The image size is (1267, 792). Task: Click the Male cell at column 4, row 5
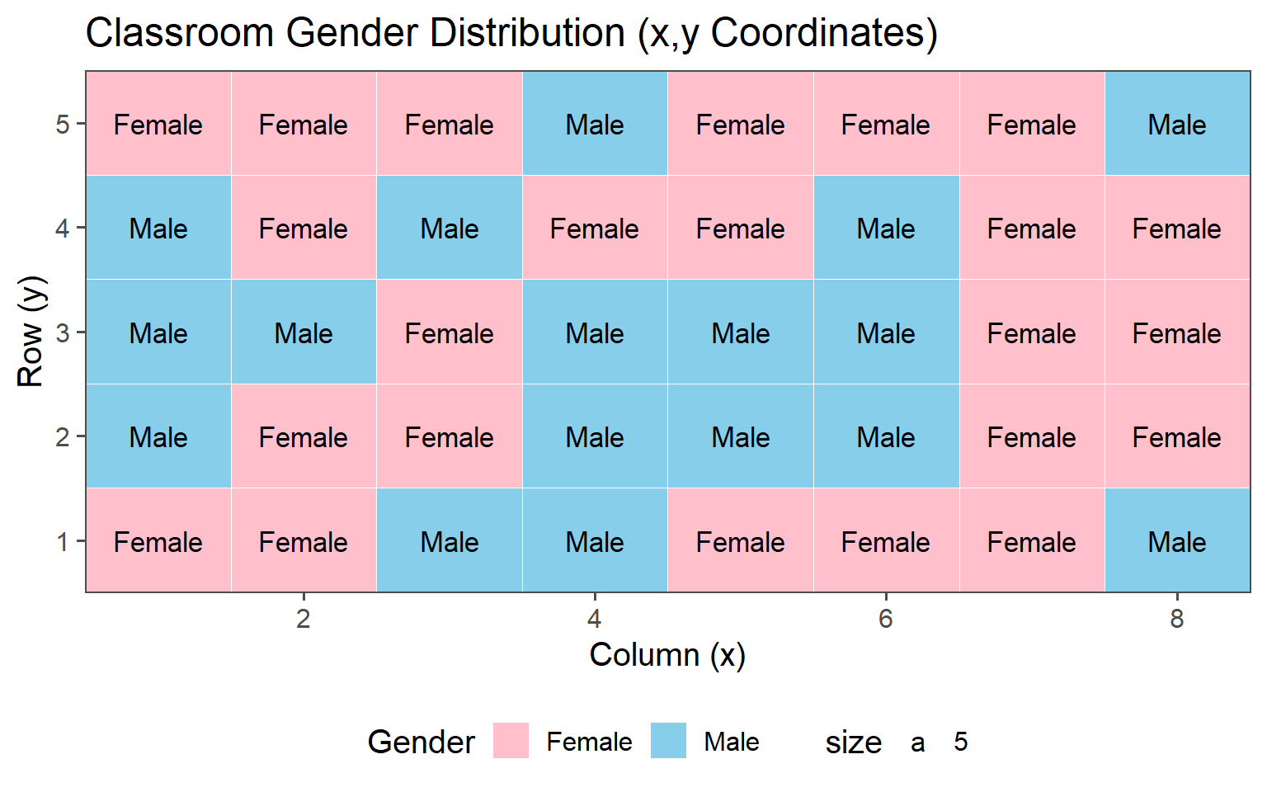[595, 125]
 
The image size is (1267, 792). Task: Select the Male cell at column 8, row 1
[1177, 542]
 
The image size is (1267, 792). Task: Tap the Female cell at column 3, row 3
[450, 333]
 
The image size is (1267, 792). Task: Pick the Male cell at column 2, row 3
[304, 333]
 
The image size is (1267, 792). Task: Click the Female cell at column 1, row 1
[158, 542]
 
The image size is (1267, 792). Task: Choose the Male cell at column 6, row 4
[886, 229]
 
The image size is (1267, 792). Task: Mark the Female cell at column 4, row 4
[595, 229]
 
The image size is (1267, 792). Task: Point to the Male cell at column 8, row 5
[1177, 125]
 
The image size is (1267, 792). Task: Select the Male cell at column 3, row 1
[450, 542]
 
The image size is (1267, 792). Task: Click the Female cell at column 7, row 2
[1032, 437]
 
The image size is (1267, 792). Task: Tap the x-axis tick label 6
[886, 619]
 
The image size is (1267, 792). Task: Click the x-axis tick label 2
[304, 619]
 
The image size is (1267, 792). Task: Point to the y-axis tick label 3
[63, 333]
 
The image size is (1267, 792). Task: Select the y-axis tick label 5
[63, 125]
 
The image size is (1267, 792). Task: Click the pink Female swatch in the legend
[511, 741]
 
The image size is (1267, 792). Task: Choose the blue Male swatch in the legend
[668, 741]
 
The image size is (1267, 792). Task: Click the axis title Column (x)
[667, 655]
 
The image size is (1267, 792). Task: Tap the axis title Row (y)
[31, 332]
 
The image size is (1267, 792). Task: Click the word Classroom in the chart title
[180, 34]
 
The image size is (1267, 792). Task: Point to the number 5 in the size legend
[960, 742]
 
